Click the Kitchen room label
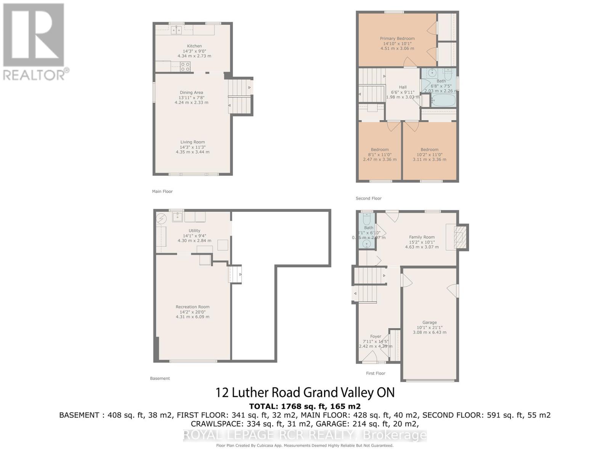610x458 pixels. (194, 46)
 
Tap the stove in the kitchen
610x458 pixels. (185, 67)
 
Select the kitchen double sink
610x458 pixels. (176, 30)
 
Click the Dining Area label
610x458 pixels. (191, 93)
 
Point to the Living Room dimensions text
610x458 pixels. (193, 150)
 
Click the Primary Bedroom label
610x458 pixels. (397, 39)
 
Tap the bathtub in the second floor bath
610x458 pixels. (443, 100)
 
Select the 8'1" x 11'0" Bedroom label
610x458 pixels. (380, 150)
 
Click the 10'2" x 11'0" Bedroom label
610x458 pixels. (429, 150)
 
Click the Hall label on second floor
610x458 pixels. (403, 87)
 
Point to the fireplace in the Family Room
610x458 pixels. (461, 237)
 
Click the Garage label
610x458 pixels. (429, 323)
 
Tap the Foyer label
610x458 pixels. (376, 337)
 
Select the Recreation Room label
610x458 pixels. (193, 307)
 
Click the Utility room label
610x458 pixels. (194, 231)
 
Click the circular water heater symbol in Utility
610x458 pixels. (162, 219)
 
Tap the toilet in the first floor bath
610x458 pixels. (367, 219)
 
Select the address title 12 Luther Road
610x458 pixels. (305, 392)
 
